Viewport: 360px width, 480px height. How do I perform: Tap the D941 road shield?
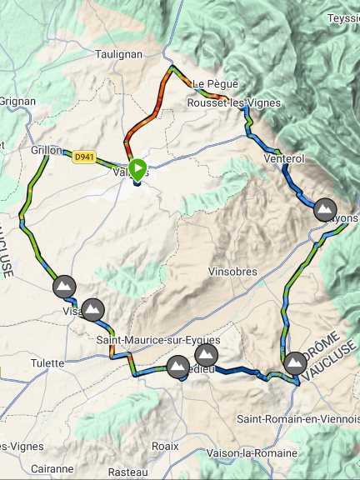click(82, 156)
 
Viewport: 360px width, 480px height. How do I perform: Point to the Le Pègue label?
click(216, 84)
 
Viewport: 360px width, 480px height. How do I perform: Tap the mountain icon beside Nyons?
click(324, 208)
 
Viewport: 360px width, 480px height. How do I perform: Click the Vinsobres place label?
click(232, 272)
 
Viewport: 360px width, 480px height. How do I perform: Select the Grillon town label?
click(47, 151)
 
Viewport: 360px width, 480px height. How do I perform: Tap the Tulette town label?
click(47, 363)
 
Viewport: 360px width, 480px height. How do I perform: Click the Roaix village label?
click(165, 446)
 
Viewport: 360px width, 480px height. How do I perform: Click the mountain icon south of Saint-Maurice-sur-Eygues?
click(177, 367)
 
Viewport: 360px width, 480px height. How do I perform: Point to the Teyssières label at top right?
click(343, 17)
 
